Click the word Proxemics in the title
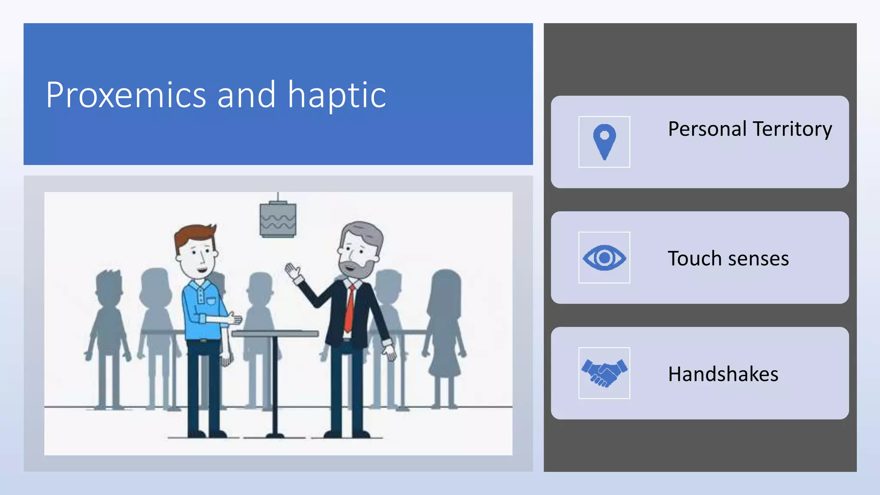tap(126, 95)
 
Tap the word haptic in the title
tap(336, 96)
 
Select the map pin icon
tap(604, 141)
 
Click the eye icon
tap(604, 257)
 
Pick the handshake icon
tap(604, 373)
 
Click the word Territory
tap(792, 129)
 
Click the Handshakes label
tap(723, 374)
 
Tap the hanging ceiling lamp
tap(278, 219)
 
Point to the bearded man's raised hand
tap(293, 272)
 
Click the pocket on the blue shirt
tap(211, 301)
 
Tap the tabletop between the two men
tap(275, 333)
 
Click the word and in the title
tap(246, 95)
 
